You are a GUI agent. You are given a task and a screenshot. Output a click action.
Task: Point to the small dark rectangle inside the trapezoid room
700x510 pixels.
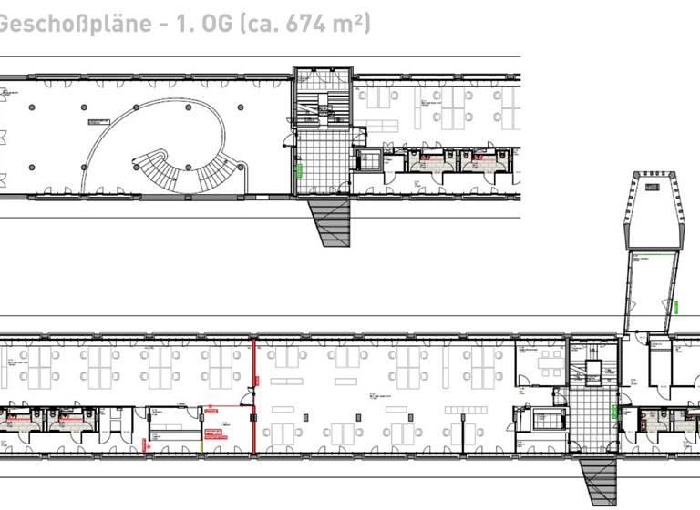tap(652, 186)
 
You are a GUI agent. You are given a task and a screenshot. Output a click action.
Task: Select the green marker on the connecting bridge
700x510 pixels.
tap(677, 305)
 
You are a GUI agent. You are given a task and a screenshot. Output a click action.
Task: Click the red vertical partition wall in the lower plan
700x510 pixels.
tap(252, 396)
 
